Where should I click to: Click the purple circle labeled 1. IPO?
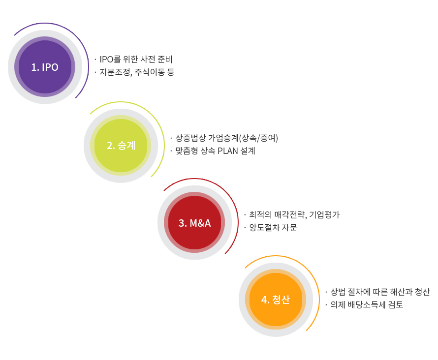tap(45, 67)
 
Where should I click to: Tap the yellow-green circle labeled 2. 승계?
tap(121, 146)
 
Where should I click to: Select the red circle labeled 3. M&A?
tap(194, 222)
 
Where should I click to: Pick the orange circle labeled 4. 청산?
tap(276, 300)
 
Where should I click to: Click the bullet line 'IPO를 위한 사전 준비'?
tap(136, 59)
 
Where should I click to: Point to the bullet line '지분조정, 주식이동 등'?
tap(137, 72)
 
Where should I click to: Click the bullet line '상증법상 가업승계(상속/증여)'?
tap(226, 138)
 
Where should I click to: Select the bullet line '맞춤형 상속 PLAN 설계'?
tap(215, 150)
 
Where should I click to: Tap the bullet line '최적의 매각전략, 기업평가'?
tap(294, 214)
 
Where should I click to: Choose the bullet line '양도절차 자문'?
tap(273, 227)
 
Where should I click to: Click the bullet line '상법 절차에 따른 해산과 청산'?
tap(380, 292)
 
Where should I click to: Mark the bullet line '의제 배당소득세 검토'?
tap(367, 304)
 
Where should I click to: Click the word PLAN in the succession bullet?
tap(228, 150)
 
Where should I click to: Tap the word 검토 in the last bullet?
tap(396, 304)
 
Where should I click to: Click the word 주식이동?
tap(150, 72)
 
